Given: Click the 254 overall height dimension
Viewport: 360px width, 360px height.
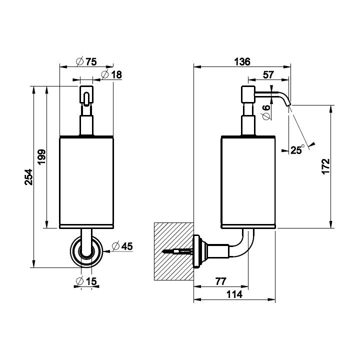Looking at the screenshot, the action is (x=29, y=177).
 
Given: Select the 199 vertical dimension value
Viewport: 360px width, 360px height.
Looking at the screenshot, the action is (x=42, y=157).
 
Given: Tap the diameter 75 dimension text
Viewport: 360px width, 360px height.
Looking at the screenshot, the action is (x=86, y=62).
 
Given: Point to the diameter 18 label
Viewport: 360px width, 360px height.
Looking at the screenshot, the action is (x=111, y=74).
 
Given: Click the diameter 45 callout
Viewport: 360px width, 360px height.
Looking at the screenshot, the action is (x=122, y=246).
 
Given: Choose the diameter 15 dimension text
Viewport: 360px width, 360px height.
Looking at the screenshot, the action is (x=86, y=281).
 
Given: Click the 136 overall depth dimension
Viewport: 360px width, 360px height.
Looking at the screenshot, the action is (x=242, y=62).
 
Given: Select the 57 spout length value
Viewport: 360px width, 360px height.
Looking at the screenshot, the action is (x=268, y=75).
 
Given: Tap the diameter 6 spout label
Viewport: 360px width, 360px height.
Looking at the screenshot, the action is (x=266, y=112).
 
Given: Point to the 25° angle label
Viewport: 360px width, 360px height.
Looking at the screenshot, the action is (x=297, y=149).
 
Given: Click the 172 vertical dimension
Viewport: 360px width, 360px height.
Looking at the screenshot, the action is (x=325, y=166).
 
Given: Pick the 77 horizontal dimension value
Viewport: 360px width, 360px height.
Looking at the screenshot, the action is (x=220, y=281).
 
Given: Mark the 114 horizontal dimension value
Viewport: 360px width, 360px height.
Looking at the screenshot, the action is (x=234, y=294).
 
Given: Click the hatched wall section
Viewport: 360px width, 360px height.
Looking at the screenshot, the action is (x=173, y=251).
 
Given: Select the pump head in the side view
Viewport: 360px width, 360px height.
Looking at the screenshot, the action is (x=248, y=94).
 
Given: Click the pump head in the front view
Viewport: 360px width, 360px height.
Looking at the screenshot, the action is (x=86, y=94).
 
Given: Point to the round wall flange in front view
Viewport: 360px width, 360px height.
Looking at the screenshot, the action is (x=86, y=251).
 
